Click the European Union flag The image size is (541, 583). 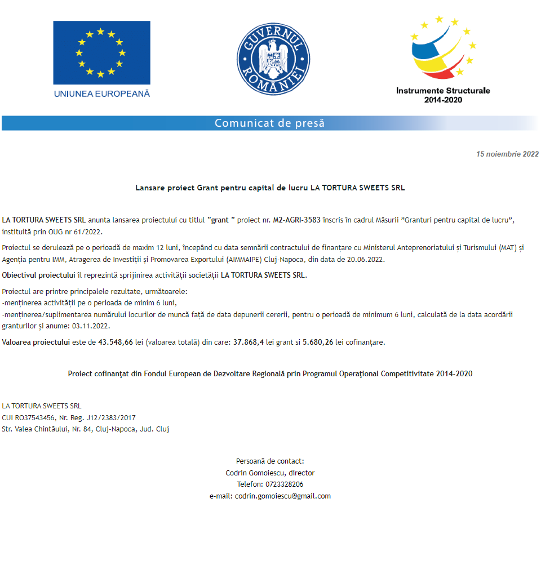coord(101,52)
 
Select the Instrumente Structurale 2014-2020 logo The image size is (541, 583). coord(443,59)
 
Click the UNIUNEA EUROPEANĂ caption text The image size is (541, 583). coord(102,94)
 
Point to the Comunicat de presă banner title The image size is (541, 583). coord(269,123)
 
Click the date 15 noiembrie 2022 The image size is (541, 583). coord(507,154)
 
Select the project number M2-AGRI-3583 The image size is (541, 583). coord(297,220)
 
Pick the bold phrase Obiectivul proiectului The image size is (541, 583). coord(38,275)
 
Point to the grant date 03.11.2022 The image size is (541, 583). coord(79,326)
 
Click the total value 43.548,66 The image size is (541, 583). coord(116,342)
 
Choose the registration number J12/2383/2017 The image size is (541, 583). coord(110,417)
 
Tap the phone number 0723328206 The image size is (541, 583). coord(283,484)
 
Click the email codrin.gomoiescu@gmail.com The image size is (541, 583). coord(283,496)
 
